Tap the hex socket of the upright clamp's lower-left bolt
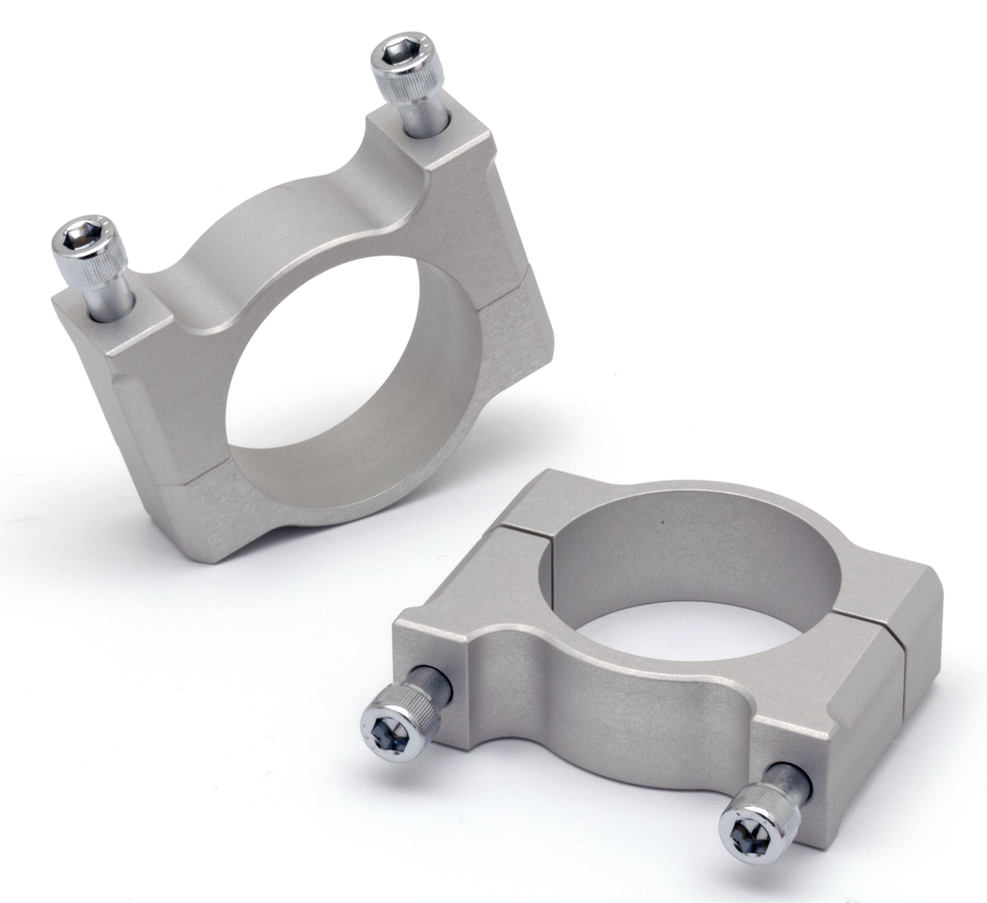81,232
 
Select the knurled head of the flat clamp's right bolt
767,809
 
